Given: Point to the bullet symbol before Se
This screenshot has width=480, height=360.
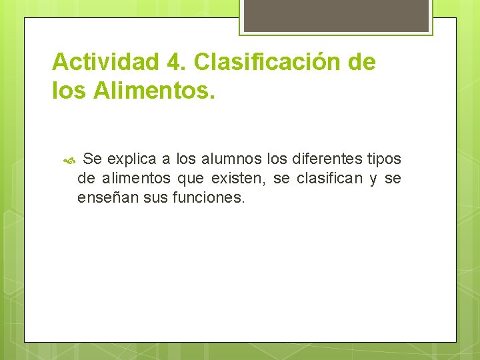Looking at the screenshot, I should point(71,160).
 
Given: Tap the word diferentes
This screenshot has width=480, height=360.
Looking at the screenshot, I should point(328,159).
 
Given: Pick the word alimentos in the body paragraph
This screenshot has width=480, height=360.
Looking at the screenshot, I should point(137,179).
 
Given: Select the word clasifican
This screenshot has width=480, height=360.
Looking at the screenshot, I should point(327,179).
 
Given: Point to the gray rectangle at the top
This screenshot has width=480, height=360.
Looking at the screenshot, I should point(335,15).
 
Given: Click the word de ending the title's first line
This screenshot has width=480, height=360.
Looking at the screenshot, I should point(362,63).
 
